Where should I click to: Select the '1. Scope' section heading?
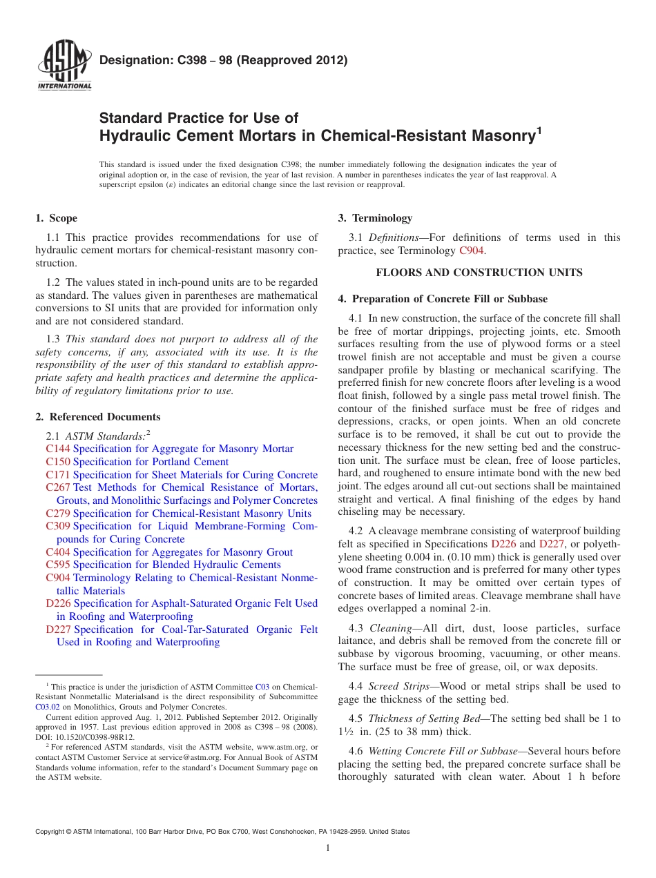click(56, 218)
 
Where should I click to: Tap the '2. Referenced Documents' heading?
click(97, 417)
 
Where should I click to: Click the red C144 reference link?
click(58, 449)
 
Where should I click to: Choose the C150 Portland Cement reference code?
click(58, 462)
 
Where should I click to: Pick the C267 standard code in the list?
click(58, 488)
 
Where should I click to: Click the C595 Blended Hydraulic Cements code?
click(58, 565)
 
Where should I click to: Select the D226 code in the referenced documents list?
click(58, 603)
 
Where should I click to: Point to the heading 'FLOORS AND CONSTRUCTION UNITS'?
click(479, 273)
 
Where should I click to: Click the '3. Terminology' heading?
click(375, 218)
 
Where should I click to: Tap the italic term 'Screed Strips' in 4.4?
click(398, 687)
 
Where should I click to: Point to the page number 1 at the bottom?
click(328, 849)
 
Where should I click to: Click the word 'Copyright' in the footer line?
click(51, 832)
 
